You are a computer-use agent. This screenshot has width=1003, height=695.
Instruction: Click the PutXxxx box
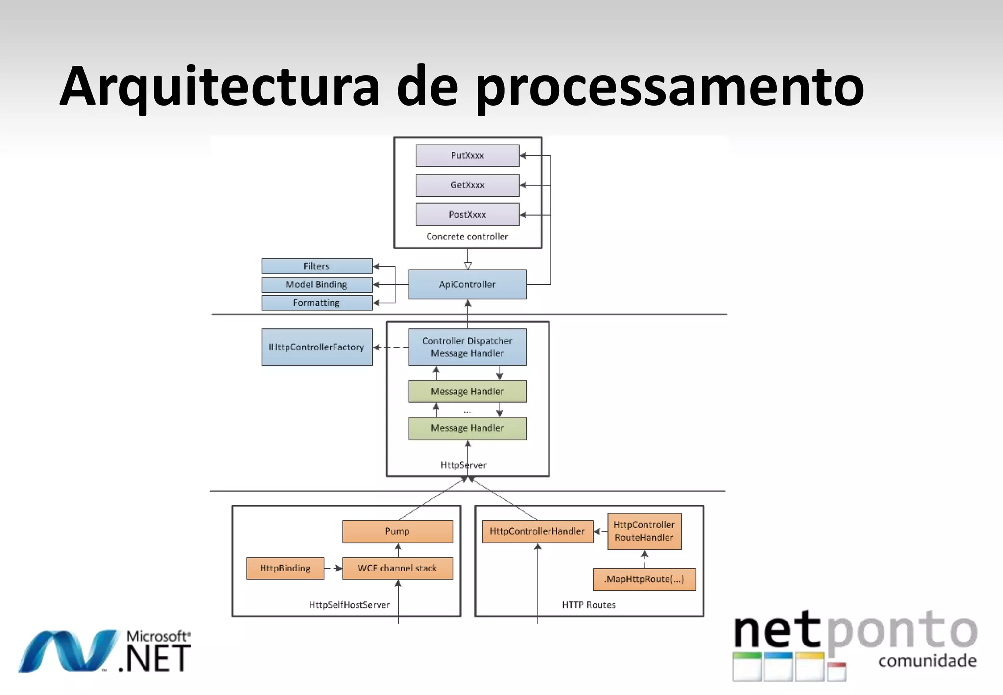coord(467,155)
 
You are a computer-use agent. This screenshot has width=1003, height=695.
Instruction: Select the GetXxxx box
coord(467,185)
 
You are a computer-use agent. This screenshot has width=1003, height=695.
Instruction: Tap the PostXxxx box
coord(467,215)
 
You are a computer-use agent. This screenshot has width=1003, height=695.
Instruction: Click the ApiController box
coord(468,284)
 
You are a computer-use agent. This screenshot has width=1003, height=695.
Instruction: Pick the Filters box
coord(317,266)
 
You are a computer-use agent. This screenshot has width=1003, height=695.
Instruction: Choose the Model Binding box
coord(317,284)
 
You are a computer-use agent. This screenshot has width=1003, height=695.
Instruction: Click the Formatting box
coord(317,303)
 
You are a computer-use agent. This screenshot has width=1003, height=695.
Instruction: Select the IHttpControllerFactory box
coord(317,347)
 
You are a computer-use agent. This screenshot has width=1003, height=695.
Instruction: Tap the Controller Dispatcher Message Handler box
coord(468,347)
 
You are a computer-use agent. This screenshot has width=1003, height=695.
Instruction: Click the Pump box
coord(397,531)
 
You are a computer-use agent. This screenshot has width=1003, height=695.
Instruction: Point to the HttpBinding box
coord(285,568)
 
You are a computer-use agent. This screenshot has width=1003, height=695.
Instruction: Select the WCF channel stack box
coord(397,568)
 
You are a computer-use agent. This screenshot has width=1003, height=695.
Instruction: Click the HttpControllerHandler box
coord(537,531)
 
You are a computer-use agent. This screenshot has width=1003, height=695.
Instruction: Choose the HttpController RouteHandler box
coord(644,531)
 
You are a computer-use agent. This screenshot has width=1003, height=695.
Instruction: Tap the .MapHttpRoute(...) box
coord(644,579)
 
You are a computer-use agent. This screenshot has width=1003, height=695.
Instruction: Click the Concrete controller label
coord(467,236)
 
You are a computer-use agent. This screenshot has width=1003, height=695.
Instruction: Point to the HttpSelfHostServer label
coord(349,605)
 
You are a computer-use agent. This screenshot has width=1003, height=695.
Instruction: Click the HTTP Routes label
coord(589,605)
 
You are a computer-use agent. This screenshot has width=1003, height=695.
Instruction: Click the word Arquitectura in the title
coord(219,87)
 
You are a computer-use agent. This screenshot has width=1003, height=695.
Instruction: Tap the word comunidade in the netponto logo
coord(927,661)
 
